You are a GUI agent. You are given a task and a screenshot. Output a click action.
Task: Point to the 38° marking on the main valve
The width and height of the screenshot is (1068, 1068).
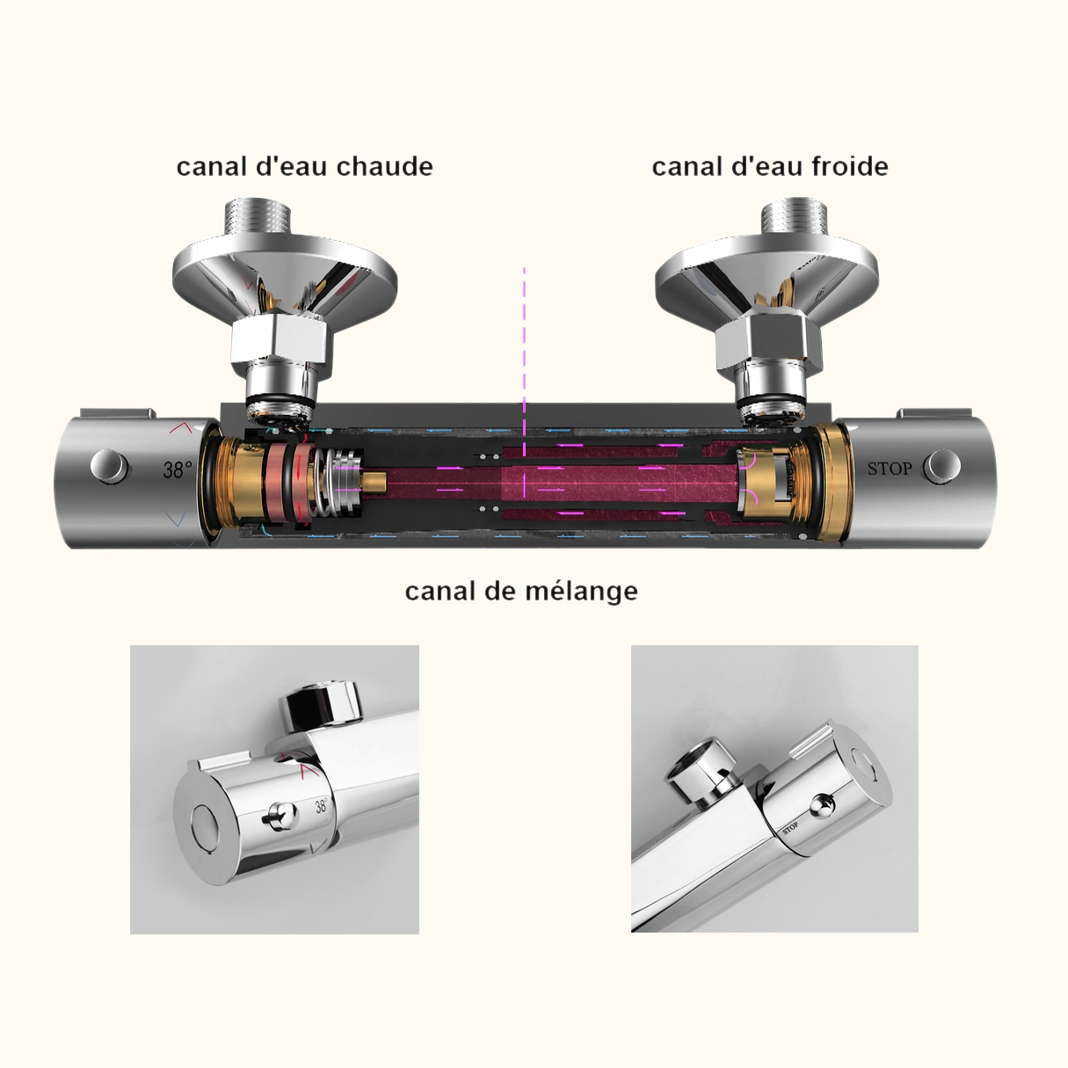click(177, 469)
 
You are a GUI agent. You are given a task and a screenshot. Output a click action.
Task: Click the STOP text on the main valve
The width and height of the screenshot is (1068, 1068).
click(890, 469)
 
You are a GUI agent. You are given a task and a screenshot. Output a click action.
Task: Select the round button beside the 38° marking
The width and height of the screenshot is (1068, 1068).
click(109, 466)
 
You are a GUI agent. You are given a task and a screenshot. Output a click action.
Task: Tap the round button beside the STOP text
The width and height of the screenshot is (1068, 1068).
click(942, 466)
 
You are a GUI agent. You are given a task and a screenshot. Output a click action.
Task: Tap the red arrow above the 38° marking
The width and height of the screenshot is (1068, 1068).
click(181, 428)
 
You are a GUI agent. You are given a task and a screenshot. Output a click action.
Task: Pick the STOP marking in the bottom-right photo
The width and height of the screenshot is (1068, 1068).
click(790, 828)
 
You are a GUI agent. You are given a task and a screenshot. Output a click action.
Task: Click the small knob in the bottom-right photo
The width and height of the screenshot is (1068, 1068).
click(823, 803)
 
